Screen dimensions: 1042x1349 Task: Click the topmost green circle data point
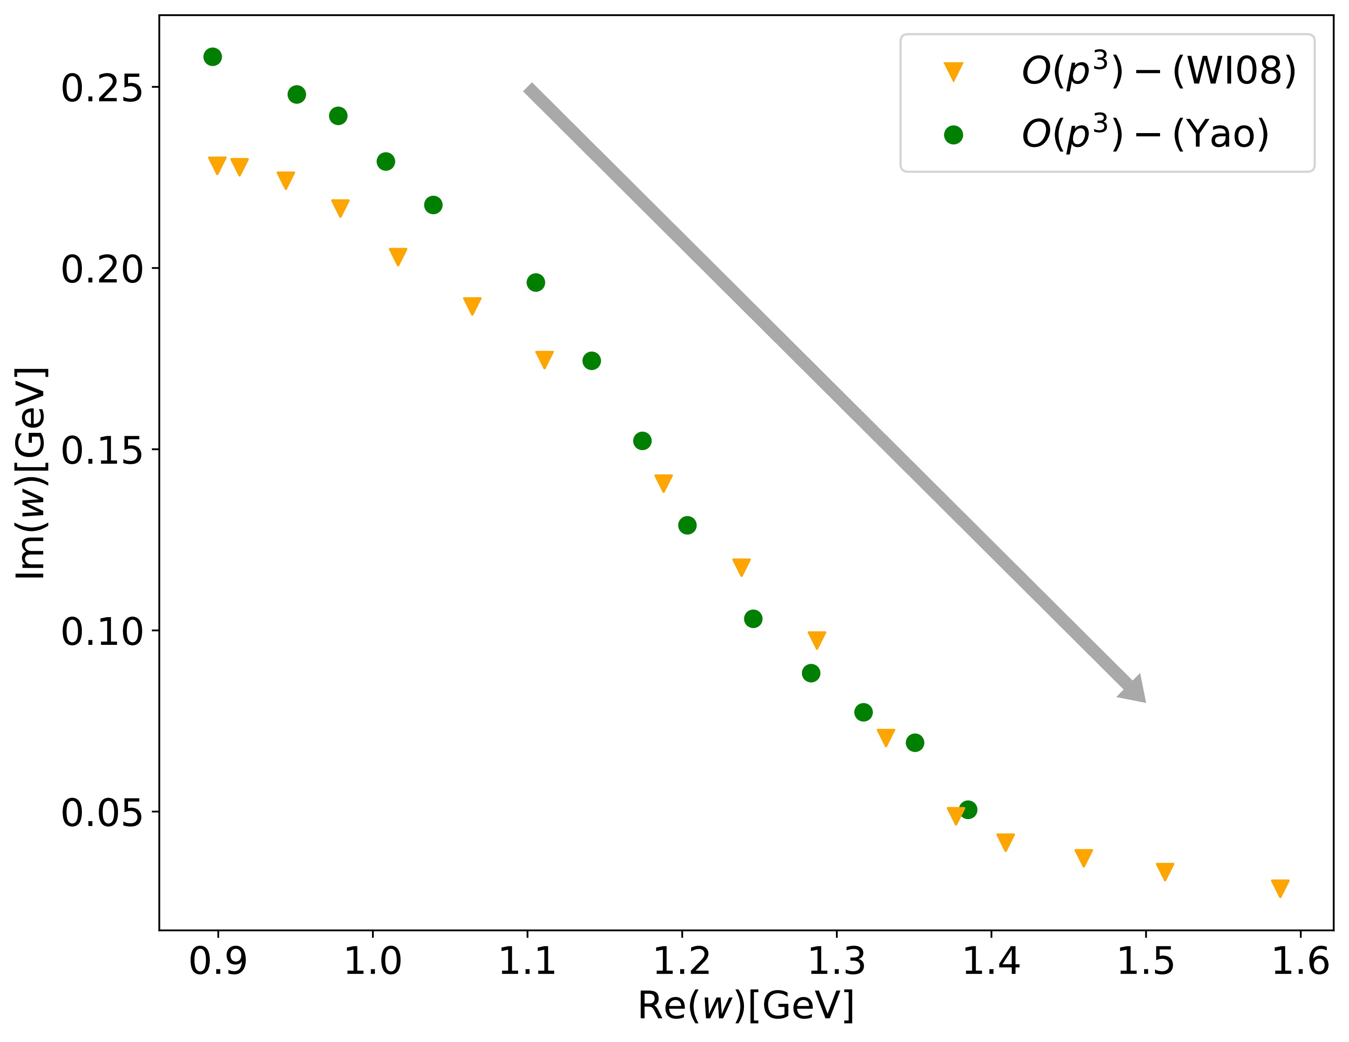click(212, 57)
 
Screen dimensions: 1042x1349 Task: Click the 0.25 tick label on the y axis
click(101, 88)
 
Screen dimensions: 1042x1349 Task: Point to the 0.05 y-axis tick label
click(101, 812)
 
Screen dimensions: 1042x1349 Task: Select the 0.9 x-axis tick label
click(217, 961)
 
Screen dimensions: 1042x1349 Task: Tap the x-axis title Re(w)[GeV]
click(746, 1005)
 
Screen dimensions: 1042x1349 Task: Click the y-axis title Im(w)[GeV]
click(31, 473)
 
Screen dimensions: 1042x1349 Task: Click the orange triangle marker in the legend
click(953, 72)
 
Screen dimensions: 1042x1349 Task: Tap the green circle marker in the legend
click(953, 135)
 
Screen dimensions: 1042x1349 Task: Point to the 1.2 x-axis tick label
click(682, 961)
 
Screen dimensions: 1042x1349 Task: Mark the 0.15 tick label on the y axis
click(101, 450)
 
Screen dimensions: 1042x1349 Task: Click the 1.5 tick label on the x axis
click(1146, 961)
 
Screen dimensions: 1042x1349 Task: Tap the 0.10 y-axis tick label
click(101, 631)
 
